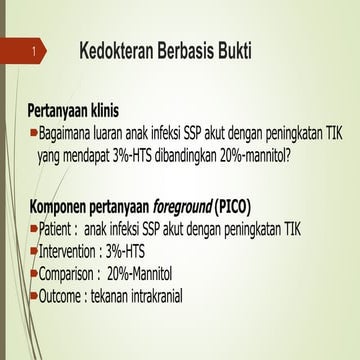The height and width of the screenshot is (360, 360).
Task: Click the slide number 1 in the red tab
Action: [35, 49]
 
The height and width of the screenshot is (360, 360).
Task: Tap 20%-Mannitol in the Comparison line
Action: [154, 272]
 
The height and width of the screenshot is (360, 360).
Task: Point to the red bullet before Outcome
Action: [33, 294]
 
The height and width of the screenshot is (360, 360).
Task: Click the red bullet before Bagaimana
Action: [32, 131]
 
